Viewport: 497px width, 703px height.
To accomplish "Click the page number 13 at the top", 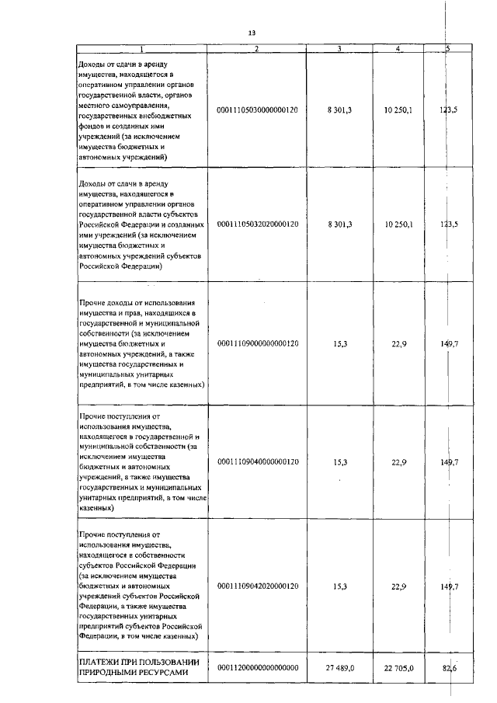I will click(x=252, y=33).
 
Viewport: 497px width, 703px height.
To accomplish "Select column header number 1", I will click(x=142, y=49).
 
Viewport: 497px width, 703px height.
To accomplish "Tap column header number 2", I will click(x=257, y=49).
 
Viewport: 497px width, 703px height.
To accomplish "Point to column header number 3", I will click(x=339, y=49).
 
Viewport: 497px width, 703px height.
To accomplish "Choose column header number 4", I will click(x=398, y=49).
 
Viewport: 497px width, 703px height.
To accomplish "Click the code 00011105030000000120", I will click(x=257, y=110).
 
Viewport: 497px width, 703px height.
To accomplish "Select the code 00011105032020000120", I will click(x=257, y=224).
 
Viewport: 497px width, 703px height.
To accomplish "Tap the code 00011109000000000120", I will click(x=257, y=343).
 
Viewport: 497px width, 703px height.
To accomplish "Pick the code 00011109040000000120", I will click(x=257, y=461).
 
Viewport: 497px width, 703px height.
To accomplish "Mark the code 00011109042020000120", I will click(x=257, y=586).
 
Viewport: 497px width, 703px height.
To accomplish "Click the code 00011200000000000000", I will click(x=257, y=667).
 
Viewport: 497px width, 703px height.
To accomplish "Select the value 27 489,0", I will click(x=340, y=667).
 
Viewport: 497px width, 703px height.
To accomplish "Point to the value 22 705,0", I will click(x=398, y=667).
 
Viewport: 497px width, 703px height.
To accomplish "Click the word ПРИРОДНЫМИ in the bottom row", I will click(x=109, y=673).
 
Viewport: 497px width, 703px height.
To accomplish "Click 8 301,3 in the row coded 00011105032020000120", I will click(x=340, y=224).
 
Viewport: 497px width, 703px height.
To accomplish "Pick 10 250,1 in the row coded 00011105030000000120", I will click(x=398, y=110).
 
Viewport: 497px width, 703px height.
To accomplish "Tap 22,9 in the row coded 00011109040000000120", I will click(x=399, y=461).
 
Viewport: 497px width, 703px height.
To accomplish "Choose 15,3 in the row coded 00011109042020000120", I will click(x=340, y=586).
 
